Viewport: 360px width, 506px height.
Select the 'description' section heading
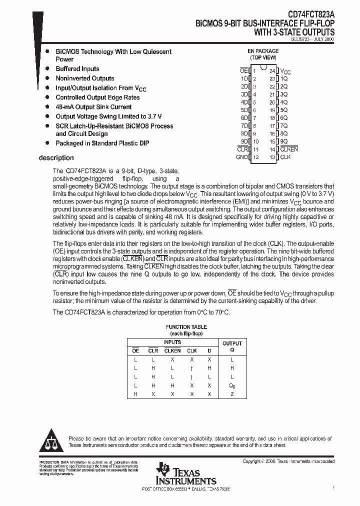[x=56, y=158]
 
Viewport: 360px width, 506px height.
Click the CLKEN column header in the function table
[x=172, y=350]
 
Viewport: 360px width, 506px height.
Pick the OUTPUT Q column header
[x=232, y=346]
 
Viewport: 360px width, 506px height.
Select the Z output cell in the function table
[x=232, y=394]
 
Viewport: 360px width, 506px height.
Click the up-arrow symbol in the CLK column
[x=192, y=368]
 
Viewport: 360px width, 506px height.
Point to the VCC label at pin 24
[x=285, y=72]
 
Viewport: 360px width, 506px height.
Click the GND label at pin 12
[x=241, y=157]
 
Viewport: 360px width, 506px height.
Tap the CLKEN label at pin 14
[x=288, y=149]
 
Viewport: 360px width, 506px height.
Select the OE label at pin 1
[x=244, y=71]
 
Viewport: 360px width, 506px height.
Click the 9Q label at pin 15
[x=283, y=141]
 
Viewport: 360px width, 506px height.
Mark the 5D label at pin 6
[x=244, y=110]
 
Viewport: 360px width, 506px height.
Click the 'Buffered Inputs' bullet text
[x=77, y=69]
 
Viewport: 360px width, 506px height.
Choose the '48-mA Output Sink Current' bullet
[x=93, y=107]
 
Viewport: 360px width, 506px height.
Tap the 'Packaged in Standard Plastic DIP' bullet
[x=102, y=143]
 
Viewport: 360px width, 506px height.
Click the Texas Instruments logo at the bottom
[x=185, y=474]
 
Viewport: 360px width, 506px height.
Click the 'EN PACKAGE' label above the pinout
[x=263, y=51]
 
